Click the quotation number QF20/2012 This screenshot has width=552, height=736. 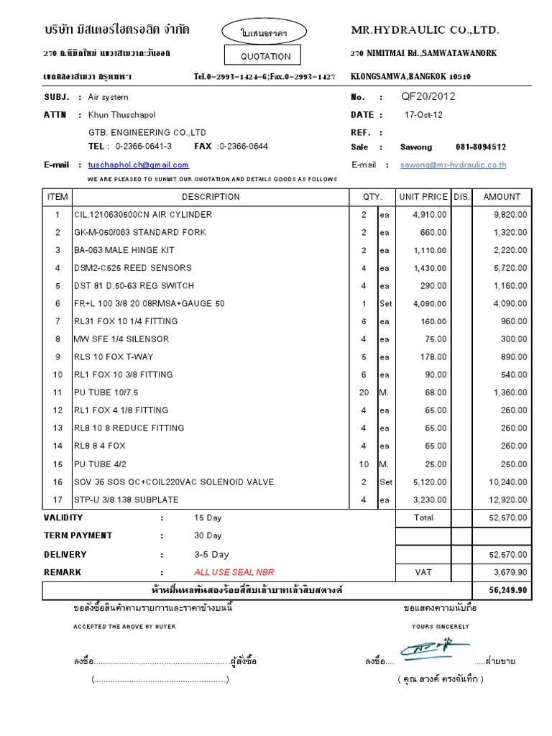pos(428,96)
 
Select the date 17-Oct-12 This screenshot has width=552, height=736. pos(424,115)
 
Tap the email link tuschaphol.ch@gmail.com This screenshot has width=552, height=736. pos(138,165)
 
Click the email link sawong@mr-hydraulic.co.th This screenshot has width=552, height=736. pos(454,165)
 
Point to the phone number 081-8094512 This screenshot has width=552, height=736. pos(480,147)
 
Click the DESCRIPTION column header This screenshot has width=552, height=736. pos(211,197)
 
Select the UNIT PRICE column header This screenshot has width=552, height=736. pos(423,197)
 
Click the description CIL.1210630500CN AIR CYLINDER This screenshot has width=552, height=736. pos(143,215)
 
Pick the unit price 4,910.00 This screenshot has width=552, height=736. pos(430,215)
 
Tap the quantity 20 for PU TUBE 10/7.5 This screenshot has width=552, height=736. pos(364,392)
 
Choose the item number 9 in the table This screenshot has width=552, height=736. pos(57,357)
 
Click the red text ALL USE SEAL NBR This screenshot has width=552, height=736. pos(234,573)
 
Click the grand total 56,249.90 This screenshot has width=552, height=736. pos(508,590)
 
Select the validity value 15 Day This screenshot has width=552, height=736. pos(208,517)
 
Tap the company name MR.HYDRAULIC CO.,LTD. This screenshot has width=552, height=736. pos(424,30)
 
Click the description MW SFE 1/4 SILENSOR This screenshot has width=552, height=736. pos(121,339)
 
